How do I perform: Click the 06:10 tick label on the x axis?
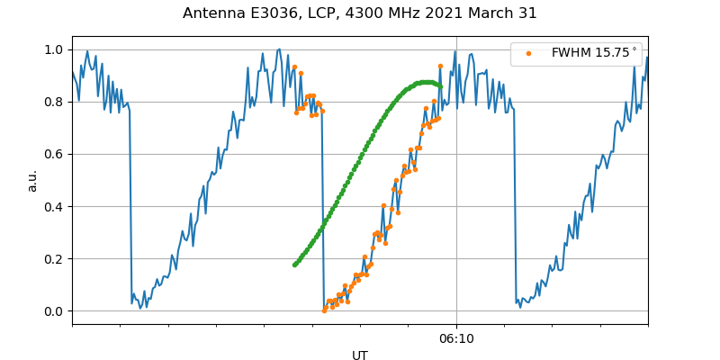(x=456, y=338)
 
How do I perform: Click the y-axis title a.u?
(x=32, y=180)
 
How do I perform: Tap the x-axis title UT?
(x=360, y=355)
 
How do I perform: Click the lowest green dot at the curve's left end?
(x=294, y=265)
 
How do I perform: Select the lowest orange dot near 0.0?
(x=324, y=310)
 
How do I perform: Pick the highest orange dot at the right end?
(x=440, y=66)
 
